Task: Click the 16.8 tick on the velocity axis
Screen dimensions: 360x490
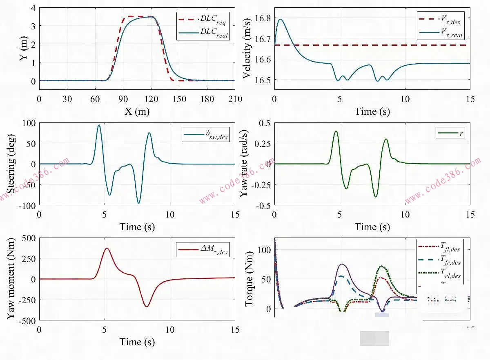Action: point(261,18)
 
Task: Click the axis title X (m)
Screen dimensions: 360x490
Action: point(137,112)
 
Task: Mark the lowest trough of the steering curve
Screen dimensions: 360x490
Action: point(139,203)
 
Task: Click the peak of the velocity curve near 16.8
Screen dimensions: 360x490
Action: point(280,19)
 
